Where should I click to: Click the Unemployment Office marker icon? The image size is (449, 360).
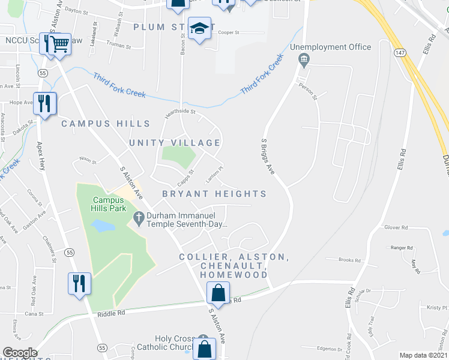pyautogui.click(x=304, y=58)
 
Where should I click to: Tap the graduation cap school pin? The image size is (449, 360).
pyautogui.click(x=199, y=28)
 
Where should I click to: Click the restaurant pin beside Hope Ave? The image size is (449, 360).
pyautogui.click(x=44, y=103)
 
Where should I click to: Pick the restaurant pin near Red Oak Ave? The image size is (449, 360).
pyautogui.click(x=79, y=283)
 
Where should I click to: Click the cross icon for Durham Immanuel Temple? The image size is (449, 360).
pyautogui.click(x=138, y=220)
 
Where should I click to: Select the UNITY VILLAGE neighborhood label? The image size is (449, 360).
pyautogui.click(x=175, y=143)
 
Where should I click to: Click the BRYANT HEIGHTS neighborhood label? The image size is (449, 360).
pyautogui.click(x=214, y=194)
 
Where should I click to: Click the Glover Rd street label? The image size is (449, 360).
pyautogui.click(x=396, y=227)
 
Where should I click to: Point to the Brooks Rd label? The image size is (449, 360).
pyautogui.click(x=349, y=260)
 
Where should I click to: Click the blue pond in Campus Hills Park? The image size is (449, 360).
pyautogui.click(x=102, y=226)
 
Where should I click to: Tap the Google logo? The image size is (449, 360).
pyautogui.click(x=20, y=353)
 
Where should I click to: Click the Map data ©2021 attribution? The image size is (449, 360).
pyautogui.click(x=424, y=355)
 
